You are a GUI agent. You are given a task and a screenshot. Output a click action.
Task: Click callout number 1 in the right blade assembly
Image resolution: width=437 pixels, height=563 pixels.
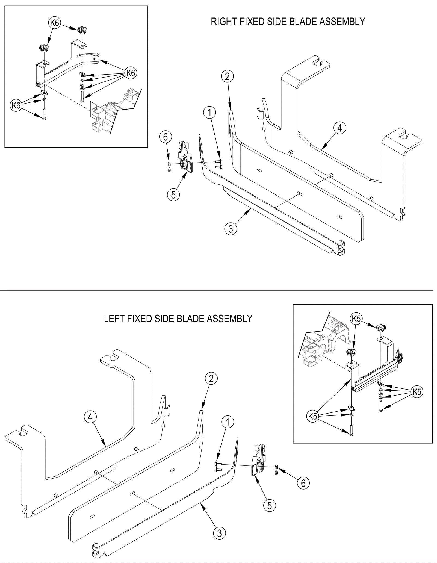[210, 113]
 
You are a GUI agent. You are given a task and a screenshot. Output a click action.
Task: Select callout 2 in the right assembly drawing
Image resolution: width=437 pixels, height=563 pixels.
[228, 76]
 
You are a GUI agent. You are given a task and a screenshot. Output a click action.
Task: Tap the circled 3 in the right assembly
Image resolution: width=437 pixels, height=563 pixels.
[231, 229]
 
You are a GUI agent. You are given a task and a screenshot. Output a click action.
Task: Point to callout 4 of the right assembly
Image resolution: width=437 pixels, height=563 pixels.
[340, 128]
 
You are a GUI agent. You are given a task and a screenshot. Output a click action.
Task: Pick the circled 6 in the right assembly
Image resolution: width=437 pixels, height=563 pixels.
[166, 137]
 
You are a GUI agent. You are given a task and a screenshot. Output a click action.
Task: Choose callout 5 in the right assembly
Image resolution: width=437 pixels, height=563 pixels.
[173, 194]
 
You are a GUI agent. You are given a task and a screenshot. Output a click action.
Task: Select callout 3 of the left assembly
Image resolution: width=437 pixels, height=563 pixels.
[220, 533]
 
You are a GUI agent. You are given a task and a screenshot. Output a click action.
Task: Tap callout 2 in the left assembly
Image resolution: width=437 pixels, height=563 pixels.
[211, 379]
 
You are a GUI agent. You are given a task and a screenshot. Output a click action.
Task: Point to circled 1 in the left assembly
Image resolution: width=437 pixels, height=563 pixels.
[228, 422]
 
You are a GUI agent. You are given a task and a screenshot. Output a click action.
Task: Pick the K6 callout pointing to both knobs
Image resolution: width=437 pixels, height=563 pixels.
[55, 23]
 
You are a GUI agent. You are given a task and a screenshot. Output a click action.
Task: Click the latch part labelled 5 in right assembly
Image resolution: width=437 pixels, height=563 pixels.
[186, 157]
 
